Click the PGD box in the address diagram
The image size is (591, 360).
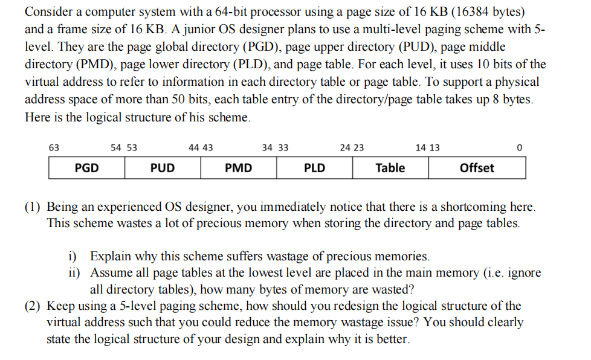point(87,168)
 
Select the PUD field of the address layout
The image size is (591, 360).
point(163,168)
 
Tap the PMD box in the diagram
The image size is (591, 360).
point(239,168)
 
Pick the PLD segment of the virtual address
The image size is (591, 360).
point(314,168)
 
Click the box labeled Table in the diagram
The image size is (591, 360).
point(390,168)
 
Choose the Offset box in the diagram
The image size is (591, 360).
point(477,168)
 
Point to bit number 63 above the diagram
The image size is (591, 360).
point(54,147)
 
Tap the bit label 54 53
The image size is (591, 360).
point(124,147)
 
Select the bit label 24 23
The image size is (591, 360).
point(352,147)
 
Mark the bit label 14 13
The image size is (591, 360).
point(428,147)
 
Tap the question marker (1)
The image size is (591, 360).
point(33,206)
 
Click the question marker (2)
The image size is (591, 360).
point(33,306)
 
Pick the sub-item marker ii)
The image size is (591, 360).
point(74,272)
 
